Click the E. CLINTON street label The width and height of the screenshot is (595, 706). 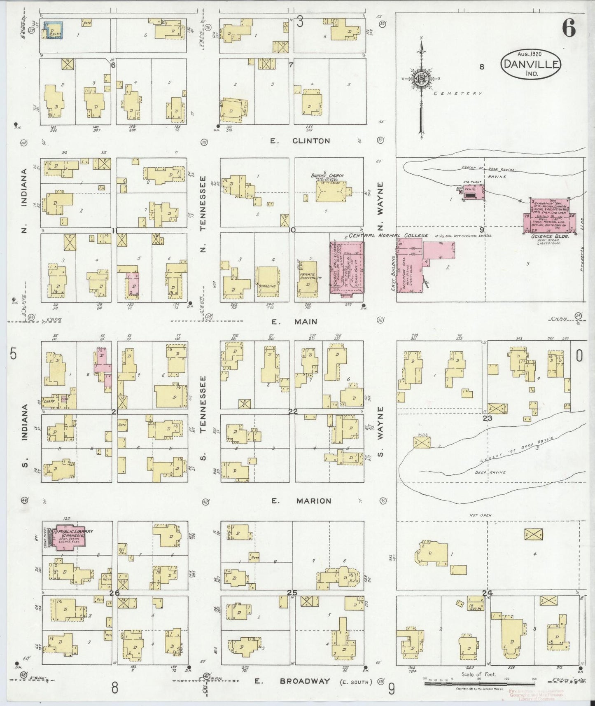coord(300,141)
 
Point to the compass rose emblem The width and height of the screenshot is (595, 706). coord(422,79)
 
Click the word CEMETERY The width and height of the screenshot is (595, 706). coord(458,94)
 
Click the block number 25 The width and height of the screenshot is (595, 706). coord(292,593)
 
